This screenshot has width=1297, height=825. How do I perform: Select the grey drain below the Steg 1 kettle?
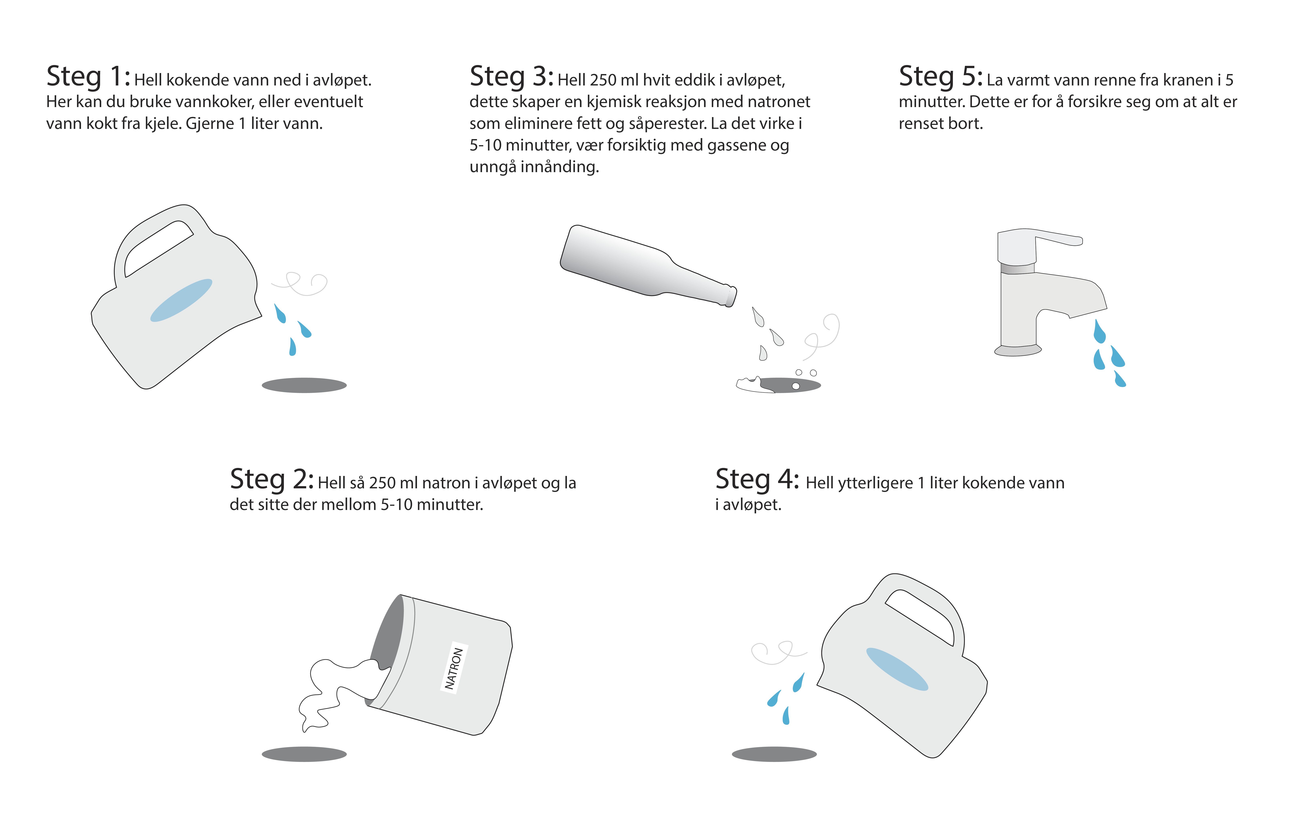pos(304,385)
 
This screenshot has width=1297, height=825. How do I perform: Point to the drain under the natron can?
pos(304,754)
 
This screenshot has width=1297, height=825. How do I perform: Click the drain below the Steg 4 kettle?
pos(774,754)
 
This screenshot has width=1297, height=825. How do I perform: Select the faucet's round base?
pos(1018,351)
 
